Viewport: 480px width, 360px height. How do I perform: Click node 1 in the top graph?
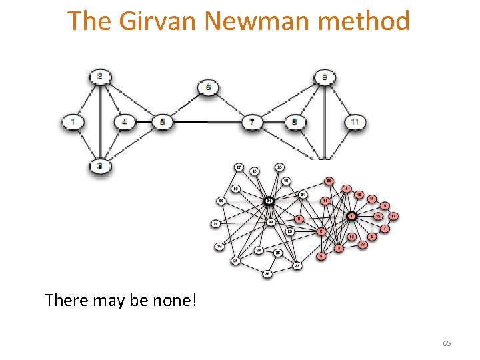(x=72, y=122)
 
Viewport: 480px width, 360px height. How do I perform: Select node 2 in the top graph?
(x=100, y=77)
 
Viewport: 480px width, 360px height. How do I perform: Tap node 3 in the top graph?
(x=100, y=165)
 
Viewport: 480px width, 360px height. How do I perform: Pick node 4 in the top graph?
(x=125, y=122)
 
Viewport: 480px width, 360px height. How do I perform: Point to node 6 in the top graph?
(x=209, y=87)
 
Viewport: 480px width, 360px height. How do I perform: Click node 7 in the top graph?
(x=251, y=123)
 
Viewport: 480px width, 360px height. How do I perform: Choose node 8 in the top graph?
(x=295, y=123)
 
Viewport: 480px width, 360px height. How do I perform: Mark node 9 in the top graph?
(x=325, y=77)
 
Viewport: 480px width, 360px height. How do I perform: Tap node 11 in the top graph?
(x=356, y=122)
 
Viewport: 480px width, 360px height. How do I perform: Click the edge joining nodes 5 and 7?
(x=207, y=122)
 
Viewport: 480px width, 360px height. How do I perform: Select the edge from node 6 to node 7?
(x=230, y=105)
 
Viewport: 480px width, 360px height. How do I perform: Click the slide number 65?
(x=447, y=343)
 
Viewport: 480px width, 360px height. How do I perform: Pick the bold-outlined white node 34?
(x=269, y=200)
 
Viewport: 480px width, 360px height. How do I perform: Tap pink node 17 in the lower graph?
(x=394, y=216)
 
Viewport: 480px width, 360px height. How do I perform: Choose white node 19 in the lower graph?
(x=219, y=247)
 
